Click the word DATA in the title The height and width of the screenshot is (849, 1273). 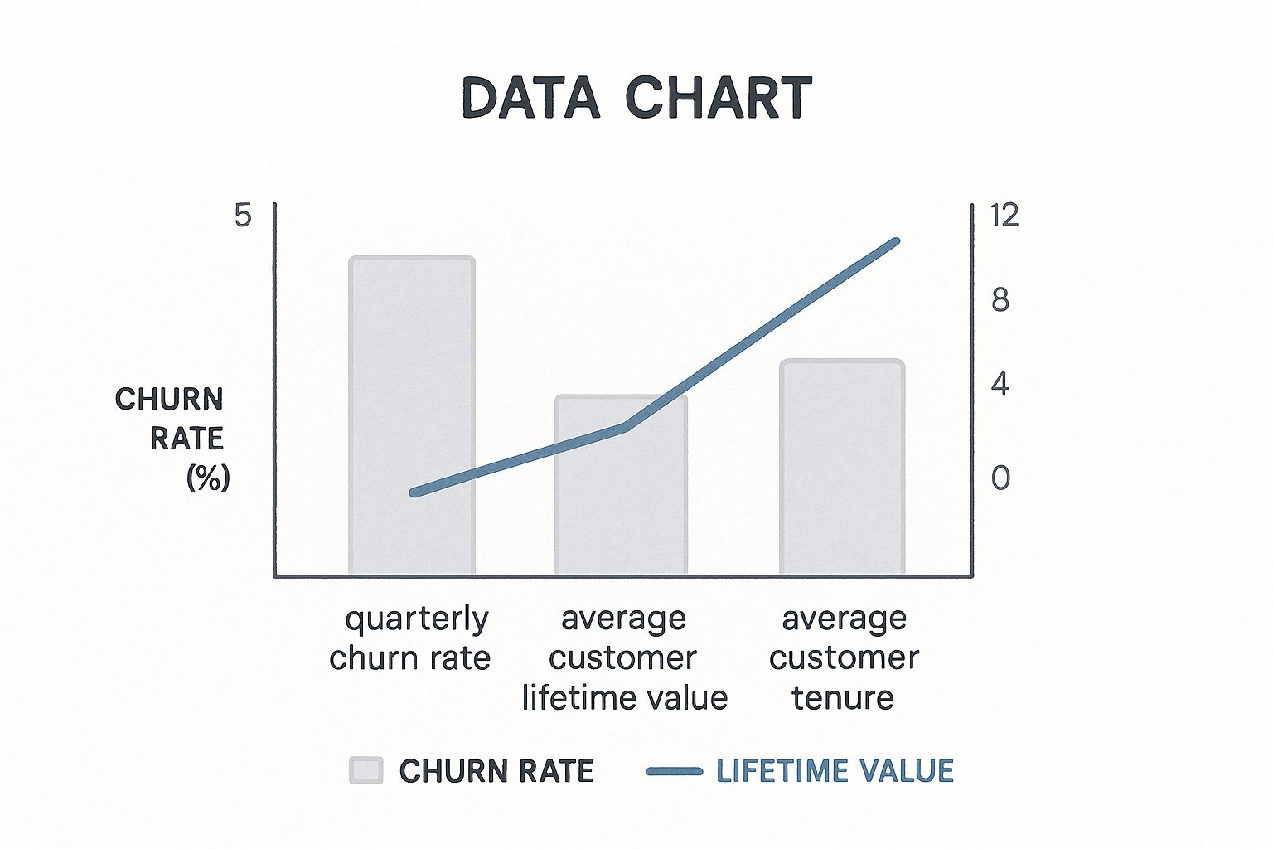(x=530, y=98)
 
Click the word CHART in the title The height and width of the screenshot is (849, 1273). (x=719, y=98)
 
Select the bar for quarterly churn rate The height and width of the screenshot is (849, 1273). (x=411, y=415)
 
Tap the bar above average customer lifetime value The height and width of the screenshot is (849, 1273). (x=621, y=485)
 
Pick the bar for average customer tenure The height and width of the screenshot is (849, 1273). (x=842, y=467)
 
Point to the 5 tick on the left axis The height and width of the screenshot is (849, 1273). (x=243, y=216)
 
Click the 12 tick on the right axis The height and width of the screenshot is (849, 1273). (x=1004, y=216)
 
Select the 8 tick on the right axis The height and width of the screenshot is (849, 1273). (x=1000, y=300)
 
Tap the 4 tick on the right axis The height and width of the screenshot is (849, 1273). (x=1000, y=384)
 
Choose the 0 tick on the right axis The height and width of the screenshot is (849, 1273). (x=1001, y=478)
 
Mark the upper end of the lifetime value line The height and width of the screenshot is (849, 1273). (x=896, y=241)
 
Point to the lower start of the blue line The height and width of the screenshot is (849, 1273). (x=414, y=492)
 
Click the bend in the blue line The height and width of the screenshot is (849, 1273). (x=626, y=426)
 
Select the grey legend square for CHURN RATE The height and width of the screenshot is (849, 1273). (x=366, y=771)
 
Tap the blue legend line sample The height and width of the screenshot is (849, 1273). (x=675, y=772)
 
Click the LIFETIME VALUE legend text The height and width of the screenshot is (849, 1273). (x=835, y=771)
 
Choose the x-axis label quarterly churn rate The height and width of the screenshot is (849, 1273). (x=410, y=639)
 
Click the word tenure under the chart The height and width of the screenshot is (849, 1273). (x=843, y=698)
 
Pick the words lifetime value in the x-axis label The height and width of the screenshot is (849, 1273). (x=625, y=698)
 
